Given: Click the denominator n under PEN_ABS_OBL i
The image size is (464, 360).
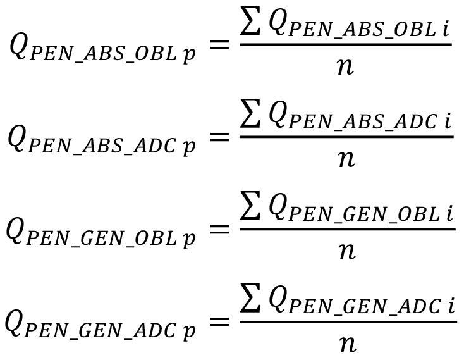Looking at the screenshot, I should coord(345,67).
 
